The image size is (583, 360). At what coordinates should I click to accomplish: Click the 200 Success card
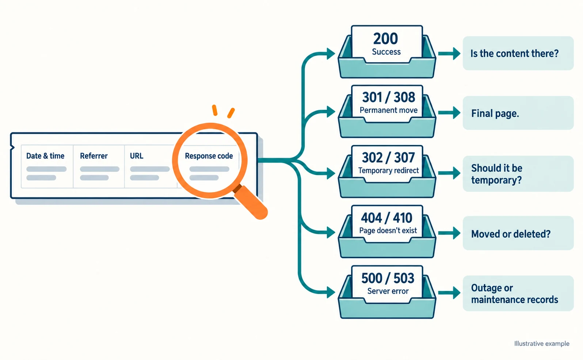coord(387,44)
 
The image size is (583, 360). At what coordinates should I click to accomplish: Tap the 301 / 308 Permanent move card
coord(387,104)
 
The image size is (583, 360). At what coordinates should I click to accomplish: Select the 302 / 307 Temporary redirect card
coord(387,164)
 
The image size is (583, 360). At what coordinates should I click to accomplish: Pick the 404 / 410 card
coord(387,224)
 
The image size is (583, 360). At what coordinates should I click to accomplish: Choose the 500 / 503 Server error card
coord(387,284)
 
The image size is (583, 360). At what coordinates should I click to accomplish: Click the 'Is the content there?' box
coord(518,53)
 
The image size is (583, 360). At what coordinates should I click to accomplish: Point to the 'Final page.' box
coord(518,113)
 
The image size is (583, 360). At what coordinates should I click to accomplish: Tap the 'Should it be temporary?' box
coord(518,174)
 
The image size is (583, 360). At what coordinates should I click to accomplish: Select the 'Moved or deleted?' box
coord(518,233)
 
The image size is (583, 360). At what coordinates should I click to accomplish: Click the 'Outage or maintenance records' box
coord(518,293)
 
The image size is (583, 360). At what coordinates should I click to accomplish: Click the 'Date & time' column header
coord(45,156)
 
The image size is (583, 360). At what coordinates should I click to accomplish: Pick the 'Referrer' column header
coord(94,156)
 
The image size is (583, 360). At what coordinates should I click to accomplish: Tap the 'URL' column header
coord(137,156)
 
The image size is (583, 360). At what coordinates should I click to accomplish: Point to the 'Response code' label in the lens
coord(209,156)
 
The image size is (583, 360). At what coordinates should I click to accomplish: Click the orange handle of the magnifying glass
coord(251,202)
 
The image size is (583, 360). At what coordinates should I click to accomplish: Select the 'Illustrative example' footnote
coord(542,344)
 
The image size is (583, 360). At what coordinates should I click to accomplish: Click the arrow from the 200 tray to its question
coord(449,54)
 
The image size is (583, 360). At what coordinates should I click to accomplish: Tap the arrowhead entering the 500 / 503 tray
coord(331,292)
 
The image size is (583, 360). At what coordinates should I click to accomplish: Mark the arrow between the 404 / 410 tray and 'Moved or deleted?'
coord(449,233)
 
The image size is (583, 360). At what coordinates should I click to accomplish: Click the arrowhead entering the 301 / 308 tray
coord(331,112)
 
